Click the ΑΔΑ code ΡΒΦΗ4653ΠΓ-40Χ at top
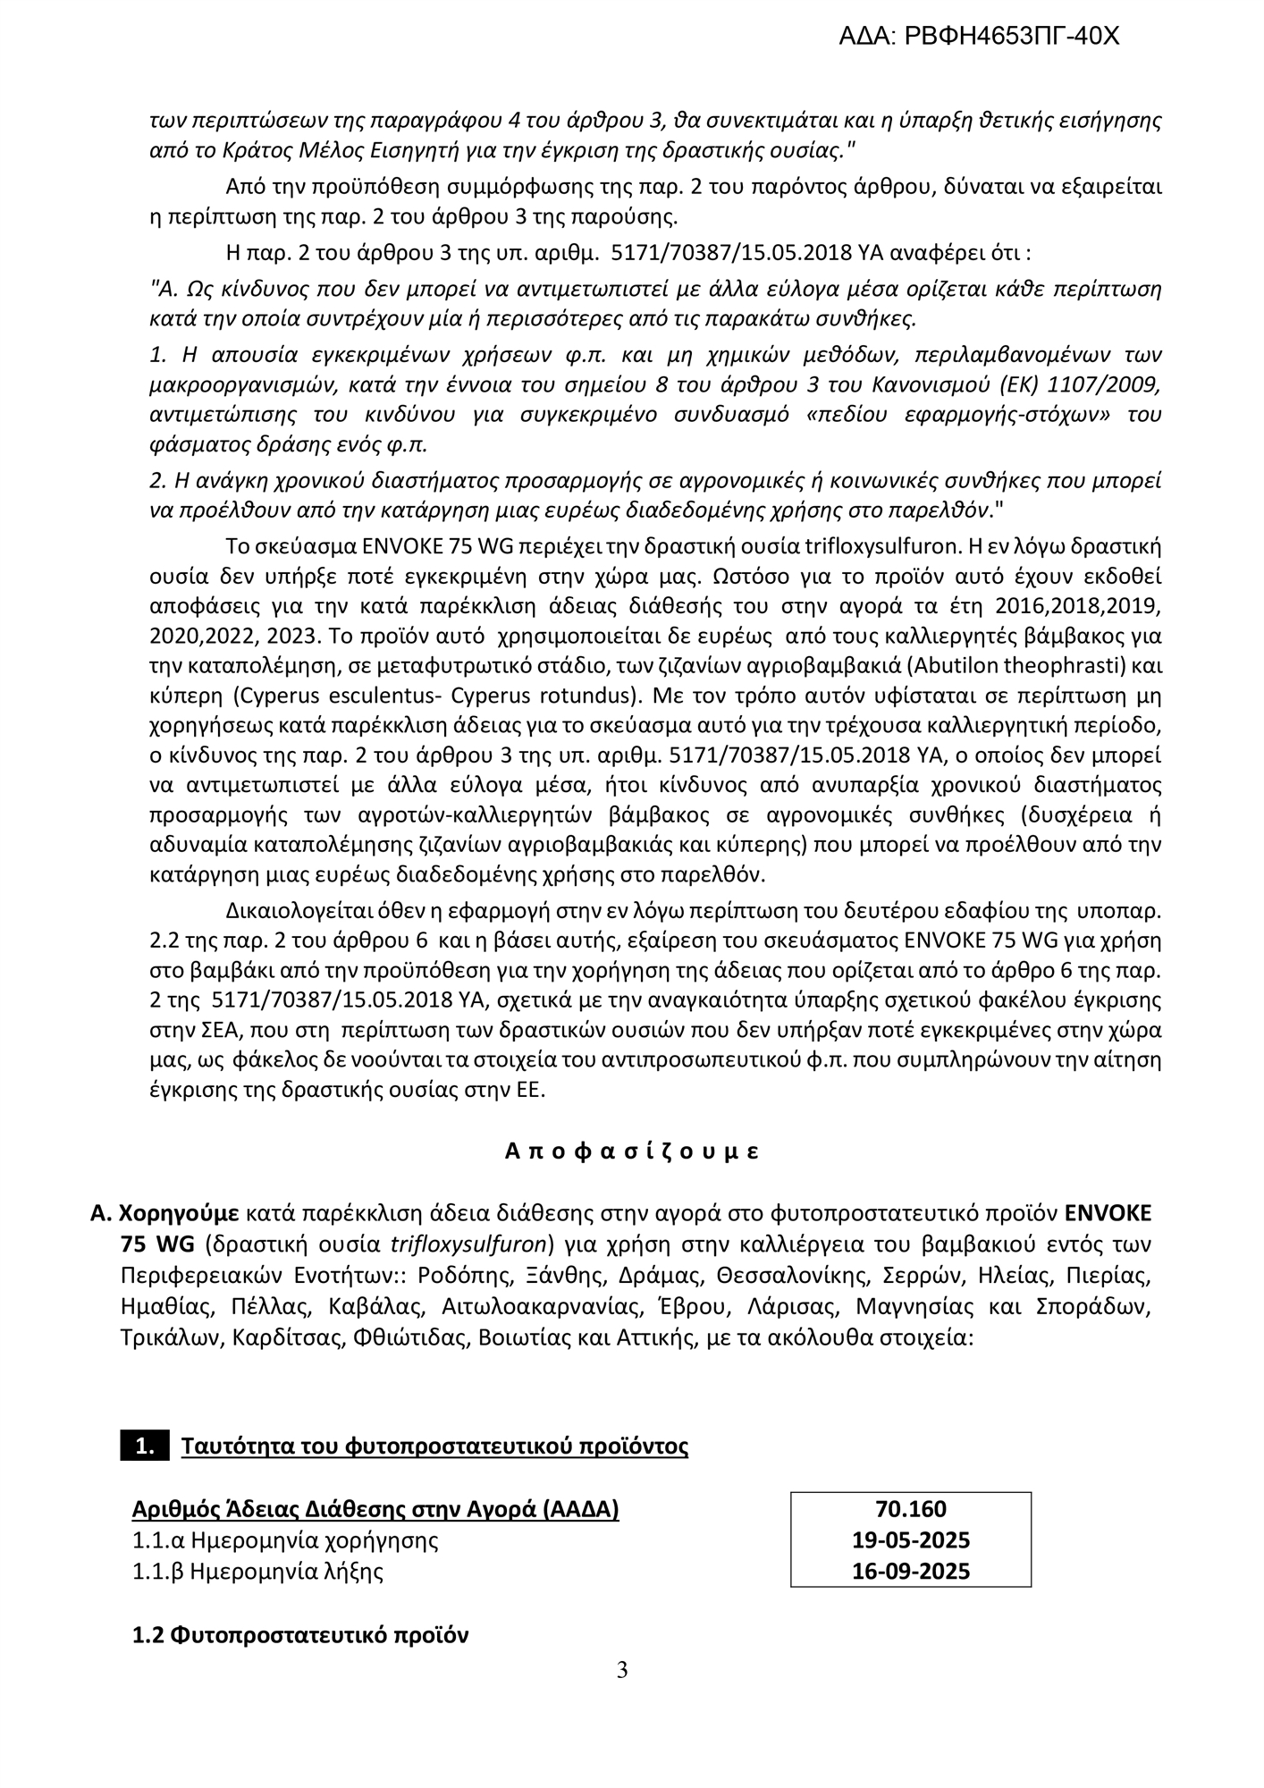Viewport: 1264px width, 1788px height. click(x=978, y=36)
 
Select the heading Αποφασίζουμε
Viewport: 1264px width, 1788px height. click(x=632, y=1151)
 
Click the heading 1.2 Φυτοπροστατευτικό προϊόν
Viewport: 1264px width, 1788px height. click(x=300, y=1636)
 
